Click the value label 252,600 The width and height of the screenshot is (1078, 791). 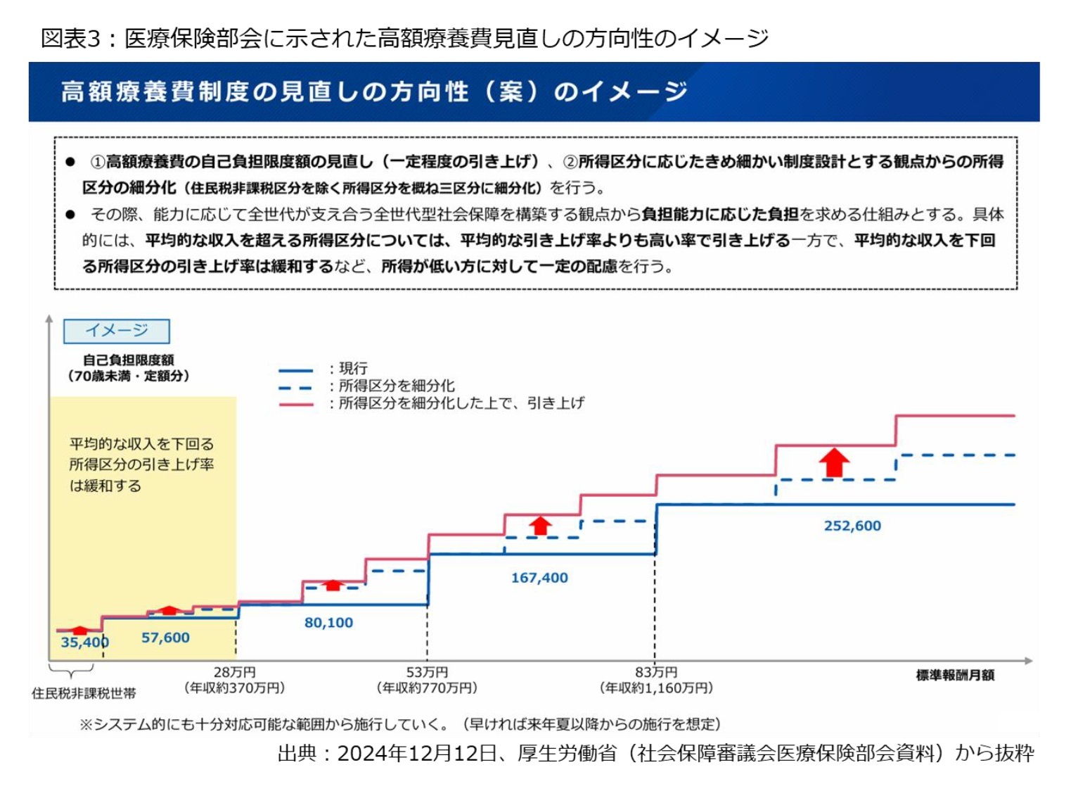pyautogui.click(x=852, y=526)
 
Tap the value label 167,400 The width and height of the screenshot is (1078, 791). pyautogui.click(x=539, y=578)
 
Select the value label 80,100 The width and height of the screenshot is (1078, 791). pyautogui.click(x=328, y=623)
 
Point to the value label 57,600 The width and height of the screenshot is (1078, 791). pyautogui.click(x=165, y=638)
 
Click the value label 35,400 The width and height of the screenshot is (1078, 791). pyautogui.click(x=84, y=642)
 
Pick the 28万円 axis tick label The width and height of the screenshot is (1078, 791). pyautogui.click(x=234, y=673)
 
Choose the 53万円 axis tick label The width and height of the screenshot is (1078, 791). pyautogui.click(x=427, y=673)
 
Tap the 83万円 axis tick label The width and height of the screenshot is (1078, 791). pyautogui.click(x=655, y=673)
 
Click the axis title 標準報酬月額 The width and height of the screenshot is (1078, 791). pyautogui.click(x=955, y=676)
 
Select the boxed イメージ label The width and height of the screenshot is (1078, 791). pyautogui.click(x=117, y=331)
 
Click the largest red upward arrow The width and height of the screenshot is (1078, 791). pyautogui.click(x=834, y=463)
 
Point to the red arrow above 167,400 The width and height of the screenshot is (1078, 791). pyautogui.click(x=540, y=526)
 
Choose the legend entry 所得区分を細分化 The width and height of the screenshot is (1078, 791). pyautogui.click(x=397, y=386)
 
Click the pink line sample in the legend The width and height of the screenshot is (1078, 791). pyautogui.click(x=296, y=405)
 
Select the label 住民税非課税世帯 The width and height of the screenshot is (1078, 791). pyautogui.click(x=84, y=693)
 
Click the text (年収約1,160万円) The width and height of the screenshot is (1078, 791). pyautogui.click(x=655, y=688)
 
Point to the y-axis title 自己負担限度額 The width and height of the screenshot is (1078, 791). pyautogui.click(x=129, y=360)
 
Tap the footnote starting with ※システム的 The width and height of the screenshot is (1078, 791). pyautogui.click(x=399, y=724)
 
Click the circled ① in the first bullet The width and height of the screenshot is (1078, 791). pyautogui.click(x=98, y=162)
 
